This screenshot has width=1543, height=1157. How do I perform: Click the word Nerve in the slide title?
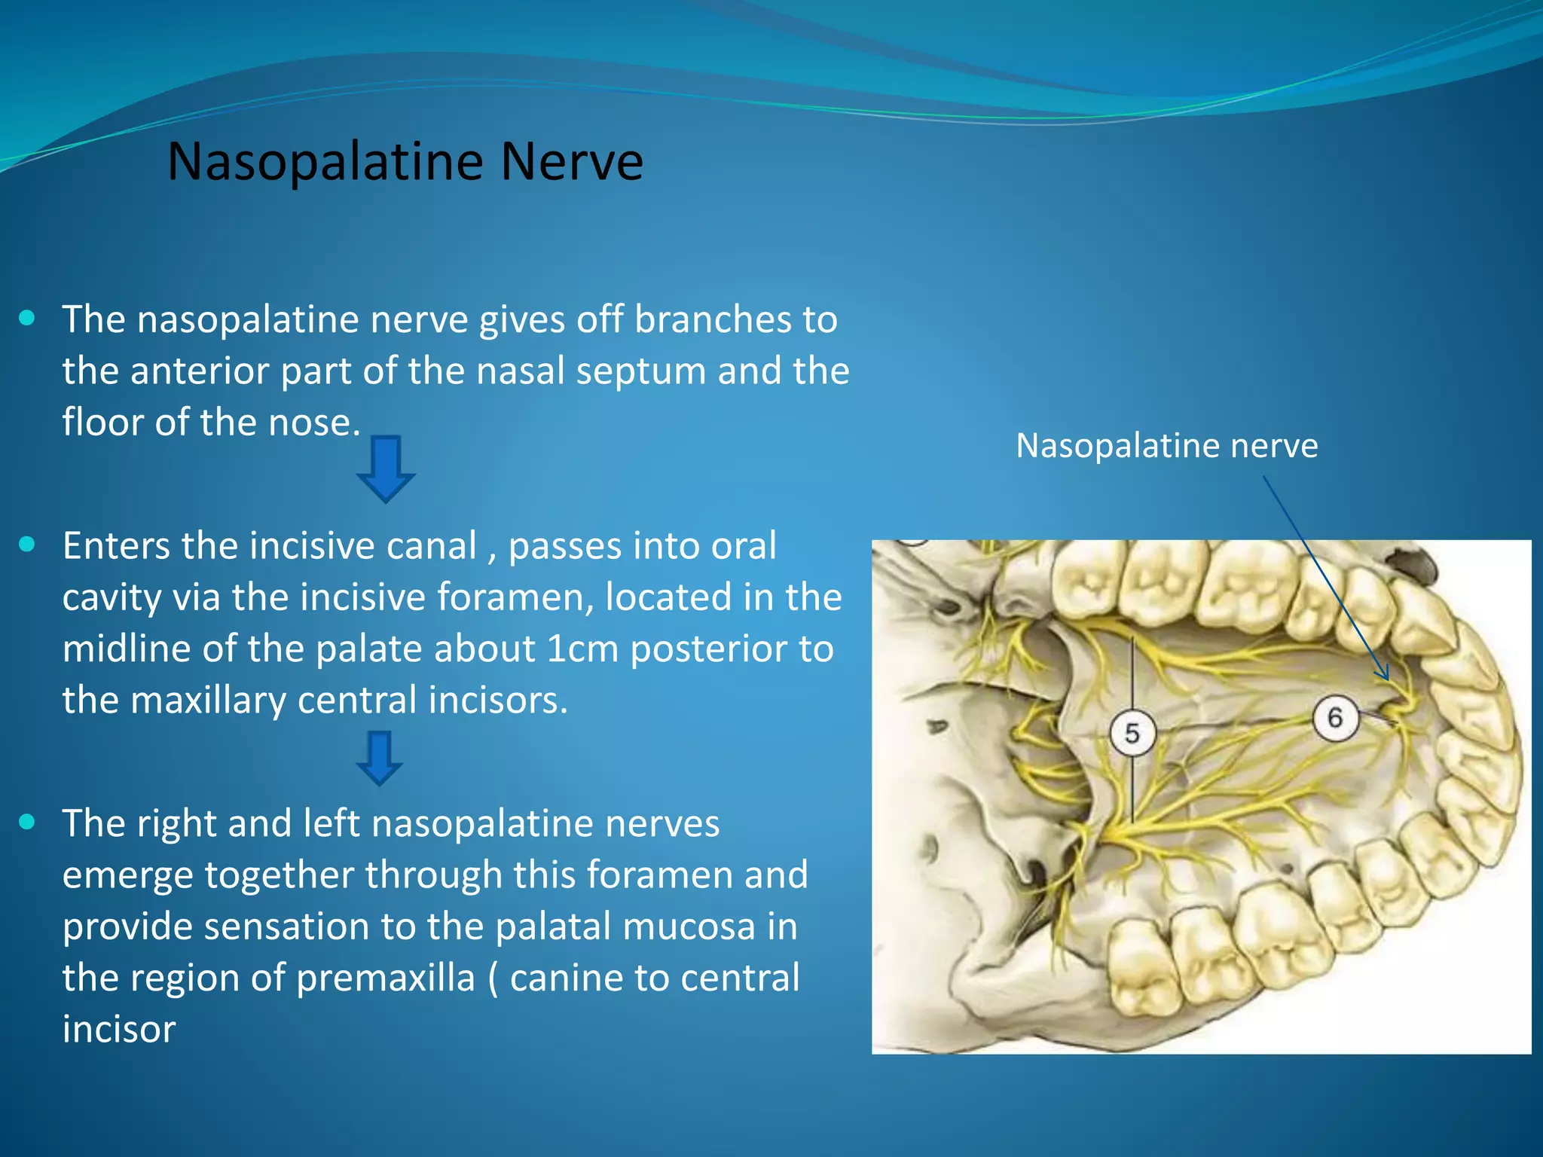click(x=572, y=162)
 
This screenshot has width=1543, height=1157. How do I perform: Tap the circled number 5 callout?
click(x=1132, y=732)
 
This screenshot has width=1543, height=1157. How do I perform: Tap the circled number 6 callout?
click(x=1334, y=717)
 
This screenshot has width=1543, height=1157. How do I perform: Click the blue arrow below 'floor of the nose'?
click(x=386, y=469)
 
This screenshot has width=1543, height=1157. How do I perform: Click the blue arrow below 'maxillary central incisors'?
click(x=379, y=758)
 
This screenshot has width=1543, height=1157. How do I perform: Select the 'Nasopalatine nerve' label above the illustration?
click(x=1166, y=445)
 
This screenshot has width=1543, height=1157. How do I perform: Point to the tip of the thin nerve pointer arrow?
click(x=1387, y=679)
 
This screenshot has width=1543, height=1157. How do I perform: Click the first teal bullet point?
click(x=27, y=318)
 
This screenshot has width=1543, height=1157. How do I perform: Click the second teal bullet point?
click(x=27, y=545)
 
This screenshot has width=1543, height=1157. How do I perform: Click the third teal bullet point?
click(x=27, y=822)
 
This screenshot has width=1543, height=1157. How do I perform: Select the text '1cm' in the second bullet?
click(x=582, y=649)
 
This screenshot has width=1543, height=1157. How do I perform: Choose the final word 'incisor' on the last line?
click(x=119, y=1029)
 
